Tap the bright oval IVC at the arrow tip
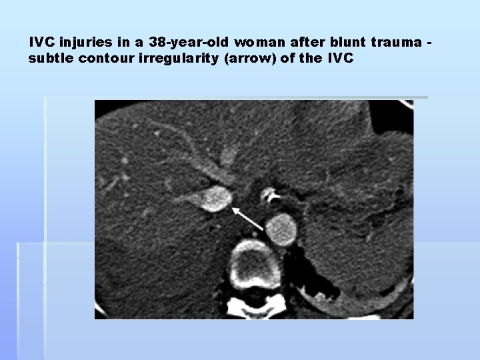click(x=216, y=198)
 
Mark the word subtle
click(x=51, y=58)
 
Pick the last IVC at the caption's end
click(x=340, y=58)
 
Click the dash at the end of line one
click(x=429, y=43)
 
